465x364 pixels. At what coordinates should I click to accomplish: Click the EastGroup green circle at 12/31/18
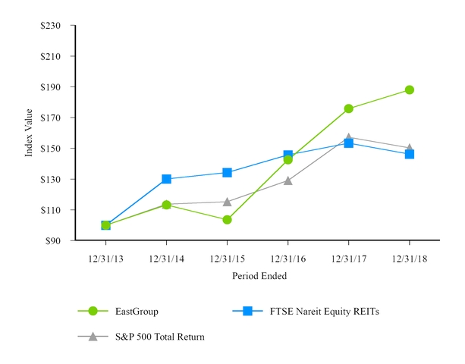point(409,89)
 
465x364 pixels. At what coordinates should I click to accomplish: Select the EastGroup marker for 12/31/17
point(348,108)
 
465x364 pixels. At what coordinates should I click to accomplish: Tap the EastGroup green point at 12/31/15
point(227,220)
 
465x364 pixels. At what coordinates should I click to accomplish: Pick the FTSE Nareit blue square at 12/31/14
point(166,179)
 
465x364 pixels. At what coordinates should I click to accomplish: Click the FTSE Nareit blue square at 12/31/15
point(227,172)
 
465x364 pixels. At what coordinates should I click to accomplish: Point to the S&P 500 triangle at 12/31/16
point(287,180)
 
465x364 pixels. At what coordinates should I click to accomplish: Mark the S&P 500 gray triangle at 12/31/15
point(227,202)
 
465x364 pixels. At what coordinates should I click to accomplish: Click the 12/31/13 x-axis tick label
point(105,259)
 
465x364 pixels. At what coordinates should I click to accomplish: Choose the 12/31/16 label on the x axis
point(287,259)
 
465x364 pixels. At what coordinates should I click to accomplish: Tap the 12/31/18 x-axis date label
point(409,259)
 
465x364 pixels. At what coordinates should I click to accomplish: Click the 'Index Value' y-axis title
point(29,133)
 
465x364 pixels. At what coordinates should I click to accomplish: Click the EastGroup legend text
point(137,310)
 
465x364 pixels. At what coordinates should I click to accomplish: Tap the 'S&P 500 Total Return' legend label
point(159,336)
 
